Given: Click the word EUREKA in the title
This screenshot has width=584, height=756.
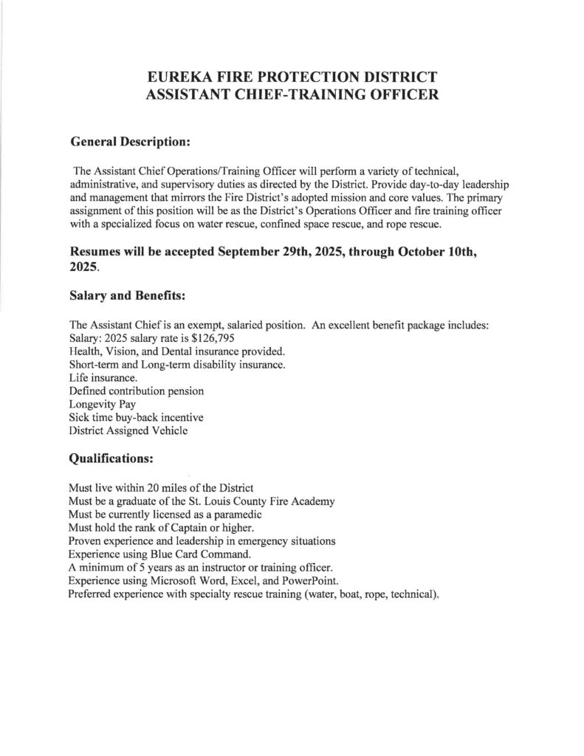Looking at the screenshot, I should coord(180,77).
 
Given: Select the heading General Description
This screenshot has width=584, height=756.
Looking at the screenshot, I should coord(130,140).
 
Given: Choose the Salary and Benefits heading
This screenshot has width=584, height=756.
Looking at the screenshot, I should coord(126,295).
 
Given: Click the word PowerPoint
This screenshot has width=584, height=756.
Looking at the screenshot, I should coord(309,580).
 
